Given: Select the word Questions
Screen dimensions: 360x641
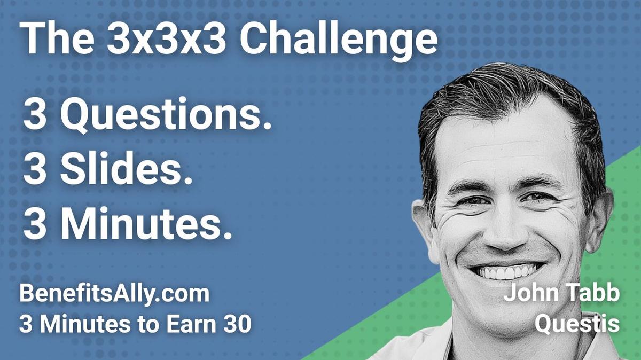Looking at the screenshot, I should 165,117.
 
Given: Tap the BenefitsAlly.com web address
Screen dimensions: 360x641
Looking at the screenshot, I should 114,294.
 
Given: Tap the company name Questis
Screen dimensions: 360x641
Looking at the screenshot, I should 578,324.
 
